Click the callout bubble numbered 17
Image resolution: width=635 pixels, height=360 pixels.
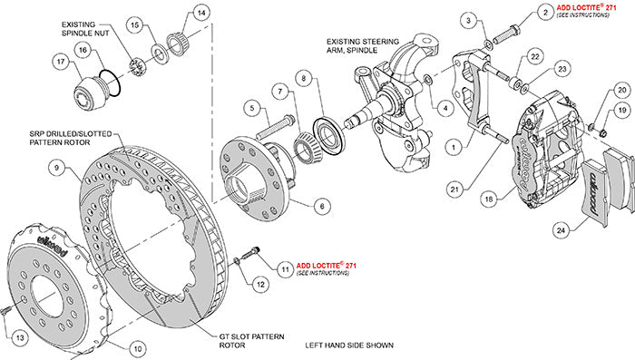(x=61, y=63)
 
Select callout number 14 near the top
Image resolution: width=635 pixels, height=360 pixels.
(x=201, y=14)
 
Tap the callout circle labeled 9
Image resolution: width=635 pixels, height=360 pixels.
(x=55, y=167)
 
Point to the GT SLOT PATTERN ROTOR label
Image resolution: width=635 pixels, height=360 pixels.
(x=246, y=340)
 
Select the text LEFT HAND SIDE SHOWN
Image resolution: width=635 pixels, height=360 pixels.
(x=354, y=345)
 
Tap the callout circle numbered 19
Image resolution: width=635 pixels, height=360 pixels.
(x=621, y=110)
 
